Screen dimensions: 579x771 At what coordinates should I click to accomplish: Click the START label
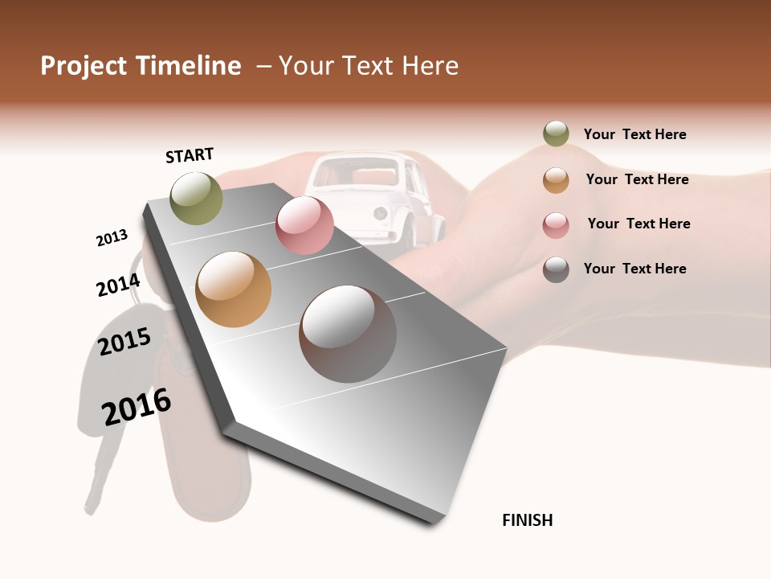click(190, 155)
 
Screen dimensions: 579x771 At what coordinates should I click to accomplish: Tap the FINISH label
click(528, 520)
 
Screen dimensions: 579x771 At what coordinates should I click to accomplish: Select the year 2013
click(112, 238)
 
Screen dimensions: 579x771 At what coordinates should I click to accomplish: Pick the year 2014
click(118, 285)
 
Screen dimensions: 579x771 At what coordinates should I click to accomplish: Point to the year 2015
click(124, 341)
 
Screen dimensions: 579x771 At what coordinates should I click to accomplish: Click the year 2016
click(137, 406)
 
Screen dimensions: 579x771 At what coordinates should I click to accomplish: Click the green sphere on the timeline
click(196, 198)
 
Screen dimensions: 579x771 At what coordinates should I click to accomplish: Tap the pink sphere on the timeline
click(304, 225)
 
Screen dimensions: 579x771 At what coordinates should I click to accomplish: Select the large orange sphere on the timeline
click(234, 289)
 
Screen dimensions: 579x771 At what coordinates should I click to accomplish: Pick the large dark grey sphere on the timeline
click(348, 334)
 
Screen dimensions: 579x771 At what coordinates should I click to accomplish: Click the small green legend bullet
click(556, 134)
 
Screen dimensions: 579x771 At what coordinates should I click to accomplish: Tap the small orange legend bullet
click(556, 180)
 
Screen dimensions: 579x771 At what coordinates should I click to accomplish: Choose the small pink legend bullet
click(556, 224)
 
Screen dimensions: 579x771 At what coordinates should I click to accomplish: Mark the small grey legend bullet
click(556, 269)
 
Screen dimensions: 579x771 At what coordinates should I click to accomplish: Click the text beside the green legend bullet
click(634, 134)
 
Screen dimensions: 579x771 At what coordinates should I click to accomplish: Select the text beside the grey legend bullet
click(634, 269)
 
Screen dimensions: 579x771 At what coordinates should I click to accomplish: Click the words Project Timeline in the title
click(141, 66)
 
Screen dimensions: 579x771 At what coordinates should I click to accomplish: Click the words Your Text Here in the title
click(369, 66)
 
